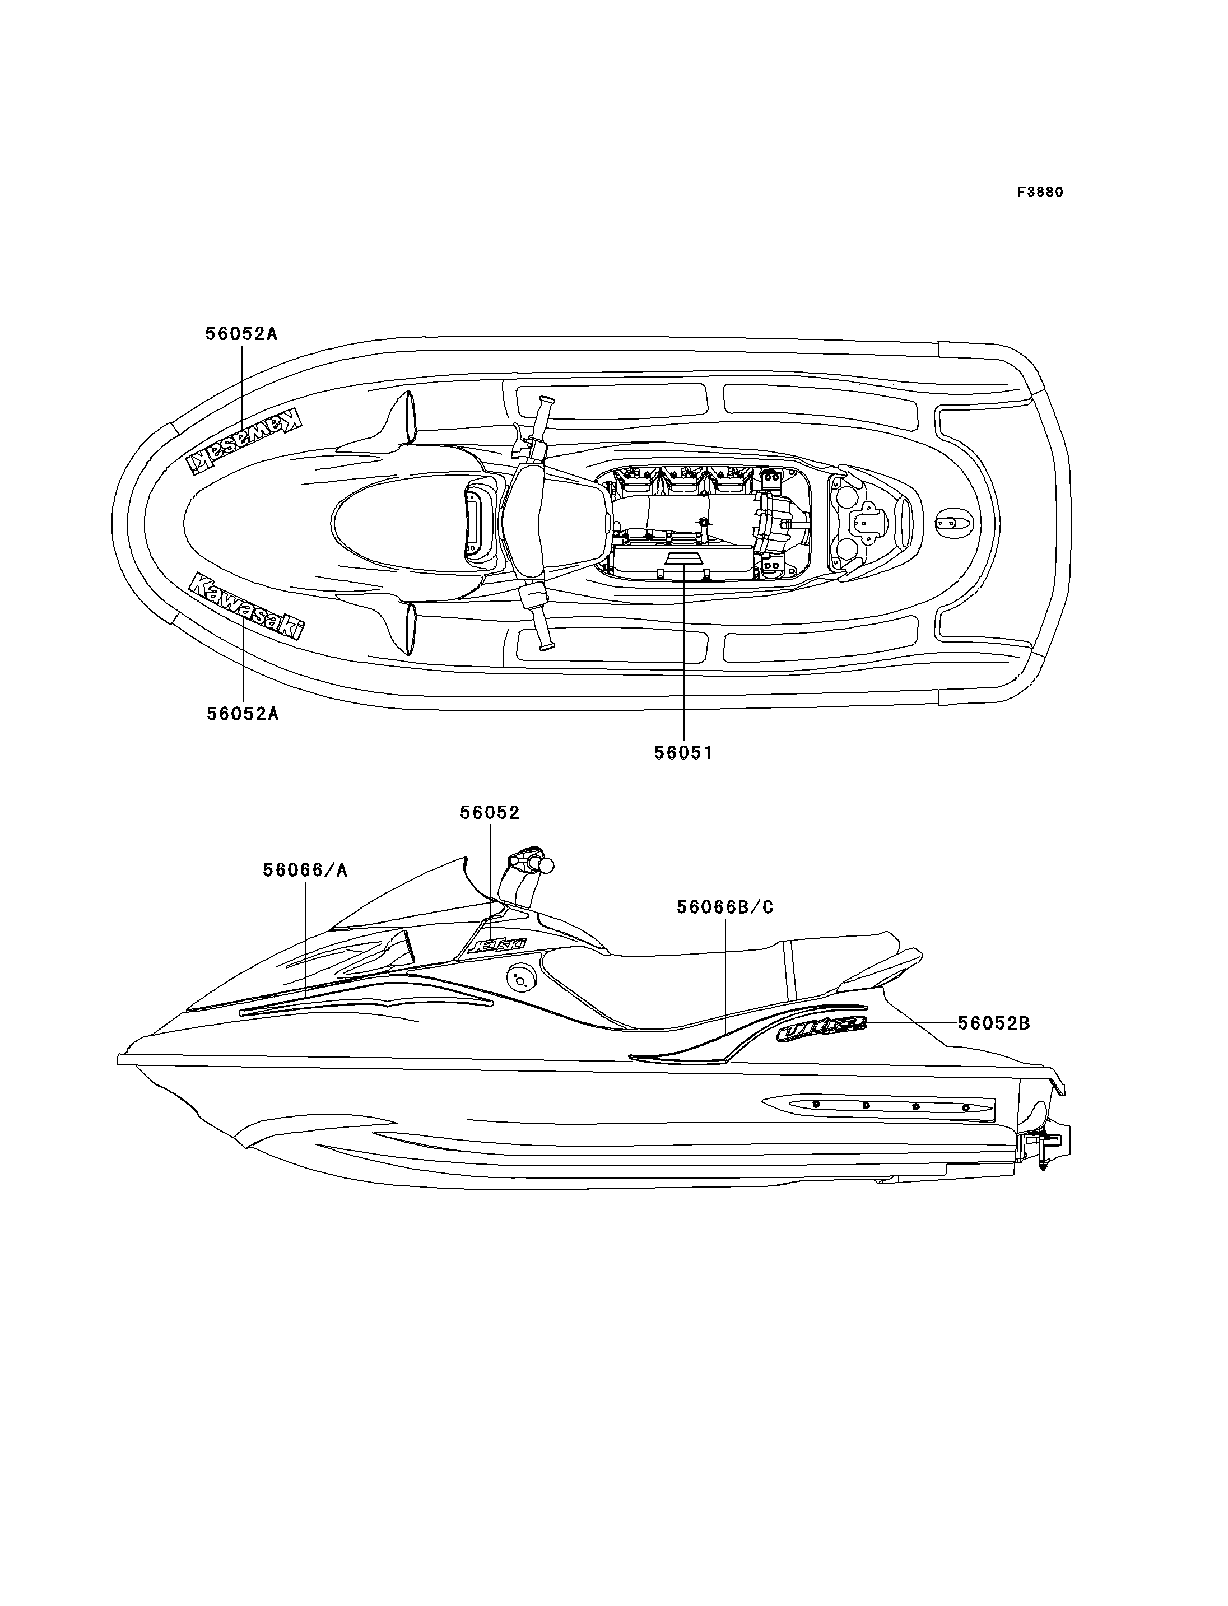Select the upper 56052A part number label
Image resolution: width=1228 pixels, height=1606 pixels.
[x=241, y=334]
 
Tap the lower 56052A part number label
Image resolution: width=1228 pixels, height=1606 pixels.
[x=243, y=714]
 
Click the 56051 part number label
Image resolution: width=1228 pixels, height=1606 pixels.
[x=683, y=752]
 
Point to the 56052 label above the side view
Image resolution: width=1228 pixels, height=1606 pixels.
[x=490, y=813]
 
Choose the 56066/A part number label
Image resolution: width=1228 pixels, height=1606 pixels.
[x=305, y=870]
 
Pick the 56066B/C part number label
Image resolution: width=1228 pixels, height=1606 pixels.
[x=724, y=907]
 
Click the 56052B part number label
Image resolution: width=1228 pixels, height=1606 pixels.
[x=993, y=1023]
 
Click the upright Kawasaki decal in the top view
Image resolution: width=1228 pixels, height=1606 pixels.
[x=246, y=606]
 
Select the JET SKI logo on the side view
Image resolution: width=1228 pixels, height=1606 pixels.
[x=496, y=944]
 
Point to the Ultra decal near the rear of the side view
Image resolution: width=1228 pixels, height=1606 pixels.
[x=821, y=1031]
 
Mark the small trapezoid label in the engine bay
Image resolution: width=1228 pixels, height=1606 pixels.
[x=683, y=558]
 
